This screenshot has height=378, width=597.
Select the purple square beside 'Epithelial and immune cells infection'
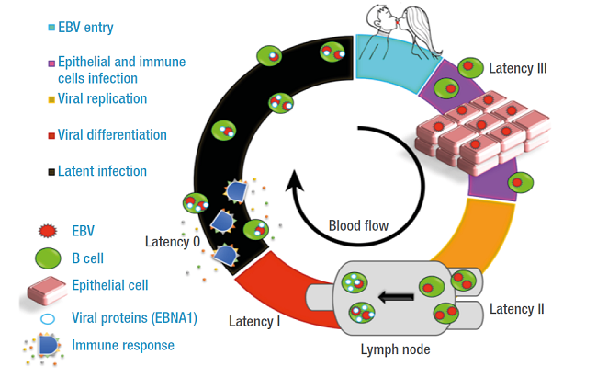[50, 63]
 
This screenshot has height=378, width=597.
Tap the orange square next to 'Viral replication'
[50, 98]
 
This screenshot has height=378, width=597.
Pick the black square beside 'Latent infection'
[50, 171]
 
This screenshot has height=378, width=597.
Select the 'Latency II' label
[516, 308]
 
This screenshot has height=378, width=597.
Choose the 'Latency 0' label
[172, 242]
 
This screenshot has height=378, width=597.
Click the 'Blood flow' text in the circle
[359, 225]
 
